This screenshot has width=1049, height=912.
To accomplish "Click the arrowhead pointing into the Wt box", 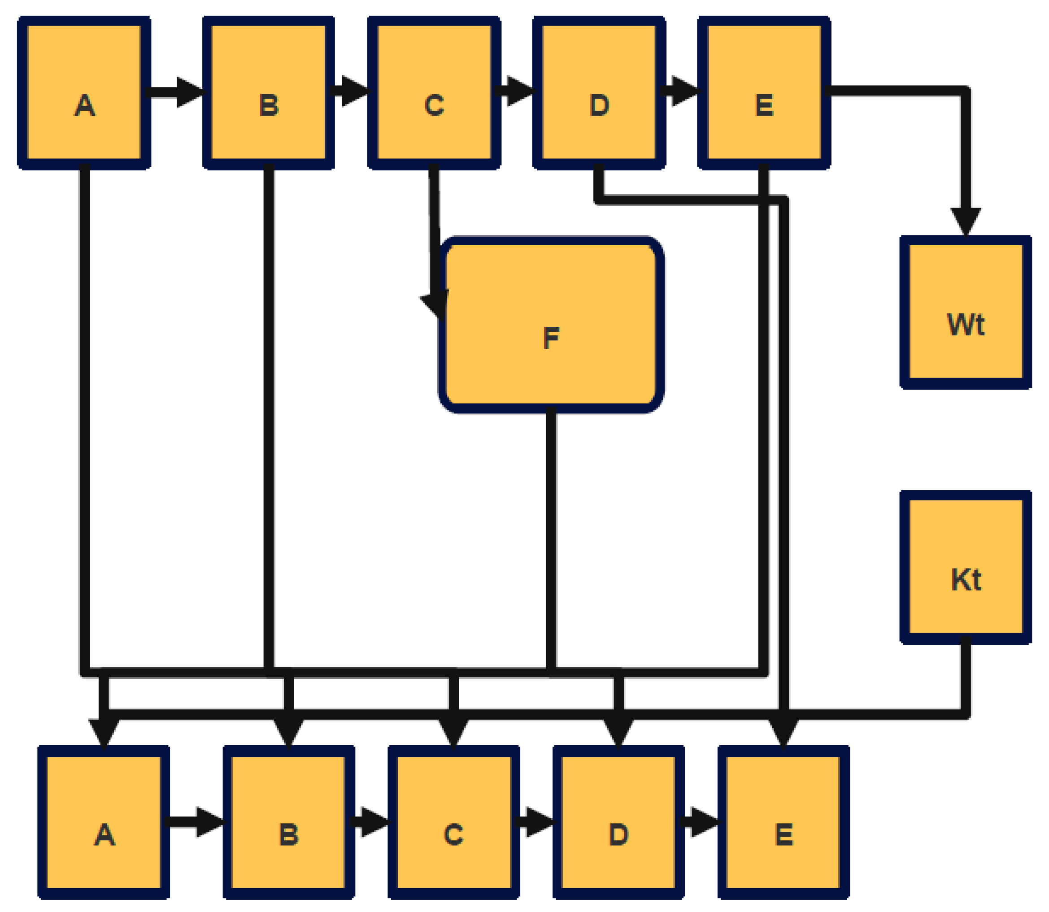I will [x=966, y=221].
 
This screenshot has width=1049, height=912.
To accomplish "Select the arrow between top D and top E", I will [x=681, y=91].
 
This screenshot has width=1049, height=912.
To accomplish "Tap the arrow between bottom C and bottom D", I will [x=535, y=821].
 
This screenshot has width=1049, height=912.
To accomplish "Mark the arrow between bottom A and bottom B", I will [x=196, y=821].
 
